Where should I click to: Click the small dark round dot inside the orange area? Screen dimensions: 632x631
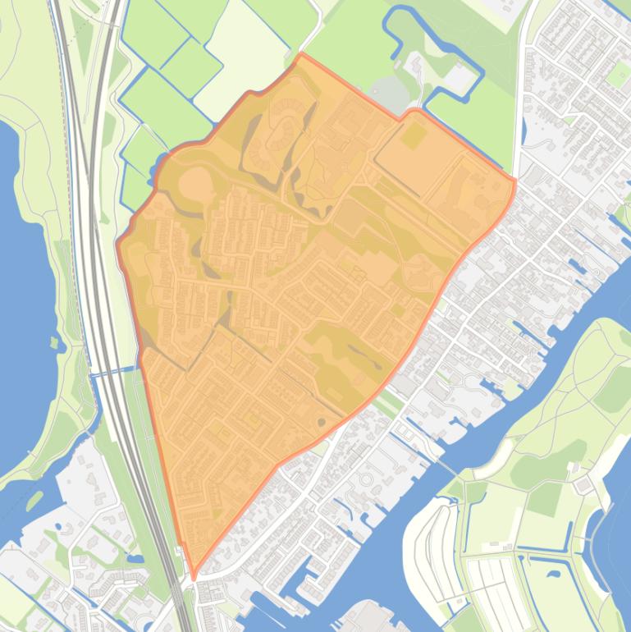coord(321,422)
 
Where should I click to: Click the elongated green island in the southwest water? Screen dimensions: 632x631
coord(34,498)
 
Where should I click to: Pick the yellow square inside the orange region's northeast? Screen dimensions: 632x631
coord(414,135)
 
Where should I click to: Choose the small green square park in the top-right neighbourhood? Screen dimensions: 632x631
coord(618,74)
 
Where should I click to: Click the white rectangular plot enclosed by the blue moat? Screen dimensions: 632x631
coord(460,78)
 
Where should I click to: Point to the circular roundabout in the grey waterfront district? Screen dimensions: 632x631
coord(367,475)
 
